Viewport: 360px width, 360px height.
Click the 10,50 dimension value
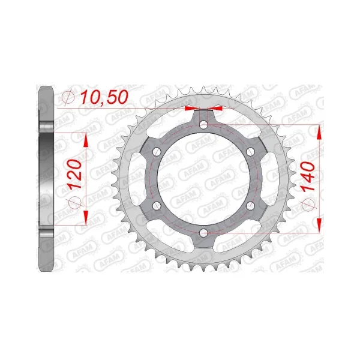point(104,97)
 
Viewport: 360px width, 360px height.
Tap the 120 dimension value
point(75,174)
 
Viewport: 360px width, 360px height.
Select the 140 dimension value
point(308,176)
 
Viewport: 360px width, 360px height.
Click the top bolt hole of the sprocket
point(203,125)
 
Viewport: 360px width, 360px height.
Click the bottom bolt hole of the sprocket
point(203,233)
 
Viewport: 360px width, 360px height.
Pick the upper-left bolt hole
point(157,152)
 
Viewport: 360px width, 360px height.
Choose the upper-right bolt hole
point(250,152)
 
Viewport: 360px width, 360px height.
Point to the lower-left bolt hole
point(157,206)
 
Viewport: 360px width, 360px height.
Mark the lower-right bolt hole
point(250,206)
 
